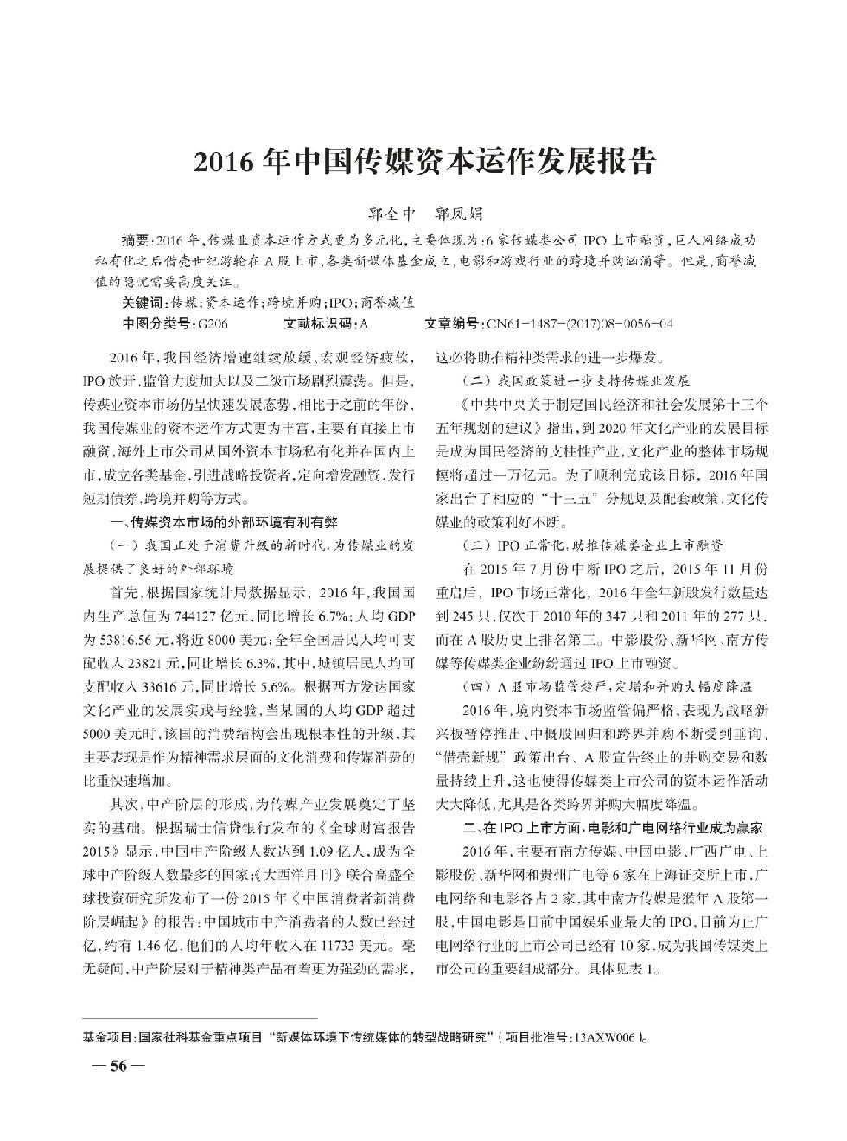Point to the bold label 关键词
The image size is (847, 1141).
click(x=145, y=303)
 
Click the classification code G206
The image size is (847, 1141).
click(x=213, y=323)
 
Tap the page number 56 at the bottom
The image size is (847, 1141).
click(x=118, y=1067)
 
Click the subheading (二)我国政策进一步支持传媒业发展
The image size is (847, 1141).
click(x=576, y=380)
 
